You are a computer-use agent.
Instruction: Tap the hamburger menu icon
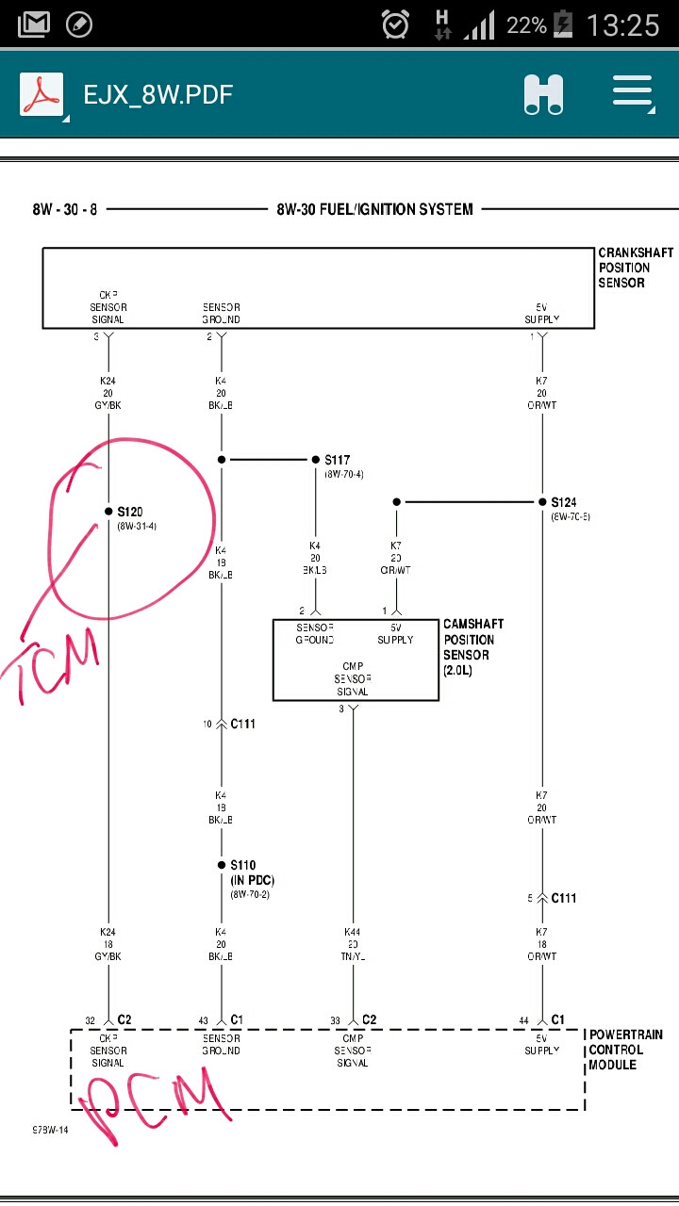point(633,95)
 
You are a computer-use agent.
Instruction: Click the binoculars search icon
point(544,95)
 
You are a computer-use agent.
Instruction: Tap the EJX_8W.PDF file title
point(157,95)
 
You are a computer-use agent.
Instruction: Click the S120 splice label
point(129,512)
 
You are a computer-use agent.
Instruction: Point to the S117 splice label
point(337,460)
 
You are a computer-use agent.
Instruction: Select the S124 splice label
point(564,502)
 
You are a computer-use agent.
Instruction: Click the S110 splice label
point(242,865)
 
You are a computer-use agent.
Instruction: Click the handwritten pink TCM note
point(57,664)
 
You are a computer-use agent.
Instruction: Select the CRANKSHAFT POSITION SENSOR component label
point(635,268)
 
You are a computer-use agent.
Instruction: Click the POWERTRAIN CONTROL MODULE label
point(625,1050)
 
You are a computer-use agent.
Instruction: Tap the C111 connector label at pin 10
point(243,724)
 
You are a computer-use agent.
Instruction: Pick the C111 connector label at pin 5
point(564,898)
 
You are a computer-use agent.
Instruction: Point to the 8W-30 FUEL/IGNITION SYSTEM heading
point(374,209)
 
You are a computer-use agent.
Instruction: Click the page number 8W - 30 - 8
point(64,209)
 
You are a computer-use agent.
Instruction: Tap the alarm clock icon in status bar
point(395,24)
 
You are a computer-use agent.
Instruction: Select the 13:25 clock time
point(622,24)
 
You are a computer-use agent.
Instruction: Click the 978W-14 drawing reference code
point(49,1129)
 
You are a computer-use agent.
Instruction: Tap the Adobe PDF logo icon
point(41,95)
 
